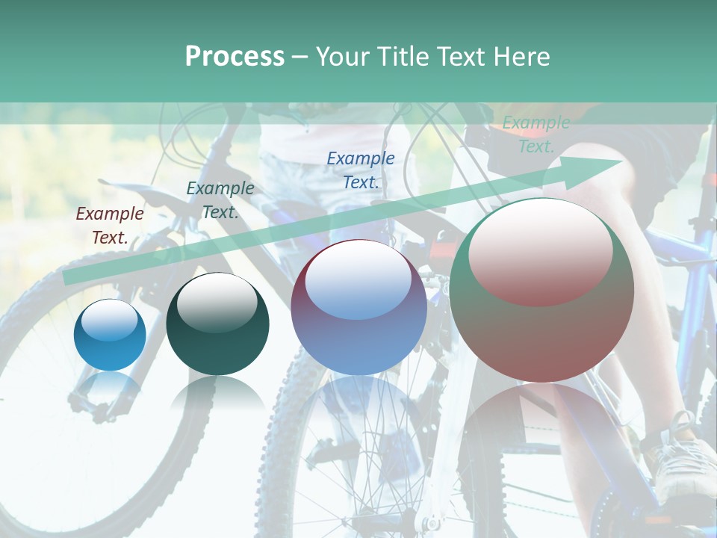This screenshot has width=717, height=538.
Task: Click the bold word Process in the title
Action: click(235, 56)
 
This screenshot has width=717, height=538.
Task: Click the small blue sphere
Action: click(110, 336)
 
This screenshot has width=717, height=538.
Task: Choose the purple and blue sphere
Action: click(358, 307)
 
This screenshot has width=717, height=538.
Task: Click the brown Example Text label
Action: click(110, 225)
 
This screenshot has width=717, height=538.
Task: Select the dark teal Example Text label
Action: click(220, 200)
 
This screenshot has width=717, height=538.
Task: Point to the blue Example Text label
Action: click(361, 170)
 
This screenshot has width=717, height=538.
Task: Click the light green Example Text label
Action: click(536, 134)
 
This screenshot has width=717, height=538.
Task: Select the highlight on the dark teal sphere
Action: click(217, 301)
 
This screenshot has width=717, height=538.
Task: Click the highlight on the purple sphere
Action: click(358, 280)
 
